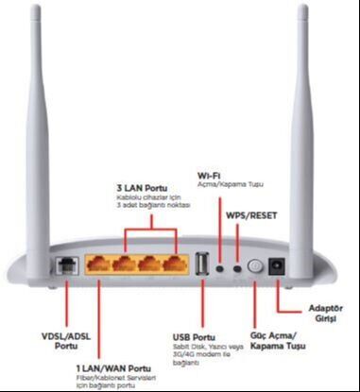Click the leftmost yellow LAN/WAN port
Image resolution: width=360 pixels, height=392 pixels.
101,267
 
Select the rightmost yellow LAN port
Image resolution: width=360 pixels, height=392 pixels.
173,267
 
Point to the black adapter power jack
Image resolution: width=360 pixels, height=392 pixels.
278,267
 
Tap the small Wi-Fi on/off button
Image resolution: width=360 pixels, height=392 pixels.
221,268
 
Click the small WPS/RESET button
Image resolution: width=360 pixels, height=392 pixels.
237,268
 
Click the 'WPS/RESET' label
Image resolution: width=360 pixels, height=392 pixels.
250,214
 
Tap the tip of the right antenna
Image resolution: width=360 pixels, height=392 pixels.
303,11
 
